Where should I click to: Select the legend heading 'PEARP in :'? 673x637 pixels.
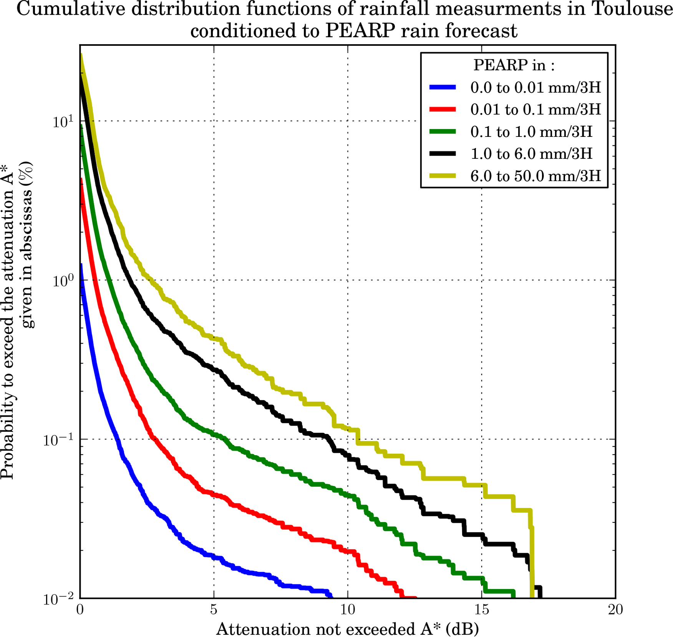click(514, 65)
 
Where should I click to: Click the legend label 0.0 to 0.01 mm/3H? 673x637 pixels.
click(535, 88)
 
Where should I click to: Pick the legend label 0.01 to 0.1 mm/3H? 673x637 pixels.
click(535, 110)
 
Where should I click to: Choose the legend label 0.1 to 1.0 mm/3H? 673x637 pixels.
click(531, 132)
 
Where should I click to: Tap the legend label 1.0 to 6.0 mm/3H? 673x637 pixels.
click(531, 154)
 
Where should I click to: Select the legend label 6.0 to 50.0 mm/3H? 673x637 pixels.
click(535, 176)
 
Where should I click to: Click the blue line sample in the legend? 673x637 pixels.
click(443, 88)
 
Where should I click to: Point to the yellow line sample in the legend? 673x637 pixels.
click(443, 176)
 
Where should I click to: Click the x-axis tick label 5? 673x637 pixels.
click(214, 610)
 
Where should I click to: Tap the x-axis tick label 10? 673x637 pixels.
click(348, 610)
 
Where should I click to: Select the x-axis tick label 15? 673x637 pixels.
click(482, 610)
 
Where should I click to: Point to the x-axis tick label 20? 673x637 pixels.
click(615, 610)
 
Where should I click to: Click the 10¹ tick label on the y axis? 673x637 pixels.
click(63, 122)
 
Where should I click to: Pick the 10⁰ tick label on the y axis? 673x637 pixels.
click(63, 281)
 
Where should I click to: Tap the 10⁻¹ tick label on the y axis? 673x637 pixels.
click(58, 440)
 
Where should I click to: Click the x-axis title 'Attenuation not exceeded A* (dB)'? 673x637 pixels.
click(347, 629)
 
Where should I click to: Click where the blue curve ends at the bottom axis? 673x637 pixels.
click(331, 597)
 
